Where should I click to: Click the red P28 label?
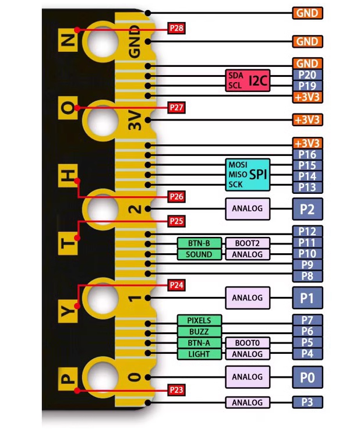177,28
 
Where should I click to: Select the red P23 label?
177,389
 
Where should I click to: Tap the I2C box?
248,80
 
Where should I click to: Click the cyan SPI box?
248,174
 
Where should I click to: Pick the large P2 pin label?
307,208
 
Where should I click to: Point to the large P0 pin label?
307,377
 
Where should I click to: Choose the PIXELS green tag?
199,320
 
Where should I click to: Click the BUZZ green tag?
199,332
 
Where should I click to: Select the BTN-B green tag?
199,243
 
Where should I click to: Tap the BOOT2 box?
248,243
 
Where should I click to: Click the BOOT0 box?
248,343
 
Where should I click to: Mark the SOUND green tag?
199,254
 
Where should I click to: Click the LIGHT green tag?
199,354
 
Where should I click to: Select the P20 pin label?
307,75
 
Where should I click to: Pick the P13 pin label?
307,187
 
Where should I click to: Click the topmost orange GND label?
307,13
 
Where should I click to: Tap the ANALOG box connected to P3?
248,402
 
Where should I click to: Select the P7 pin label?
307,320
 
